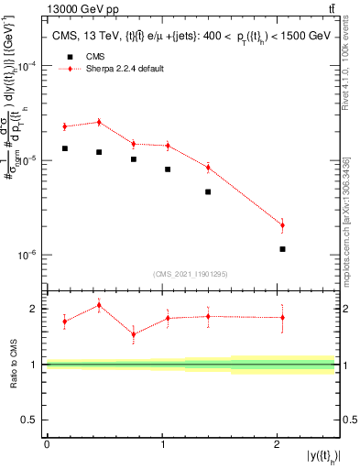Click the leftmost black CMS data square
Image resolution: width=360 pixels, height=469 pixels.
point(65,148)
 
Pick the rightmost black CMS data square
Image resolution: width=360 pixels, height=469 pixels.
point(282,249)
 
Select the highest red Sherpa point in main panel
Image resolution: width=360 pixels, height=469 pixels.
point(99,122)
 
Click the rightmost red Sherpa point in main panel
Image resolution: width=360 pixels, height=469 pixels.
point(282,224)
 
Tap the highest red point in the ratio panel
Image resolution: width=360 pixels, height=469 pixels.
point(99,305)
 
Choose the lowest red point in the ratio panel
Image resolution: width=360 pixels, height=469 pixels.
point(134,334)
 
